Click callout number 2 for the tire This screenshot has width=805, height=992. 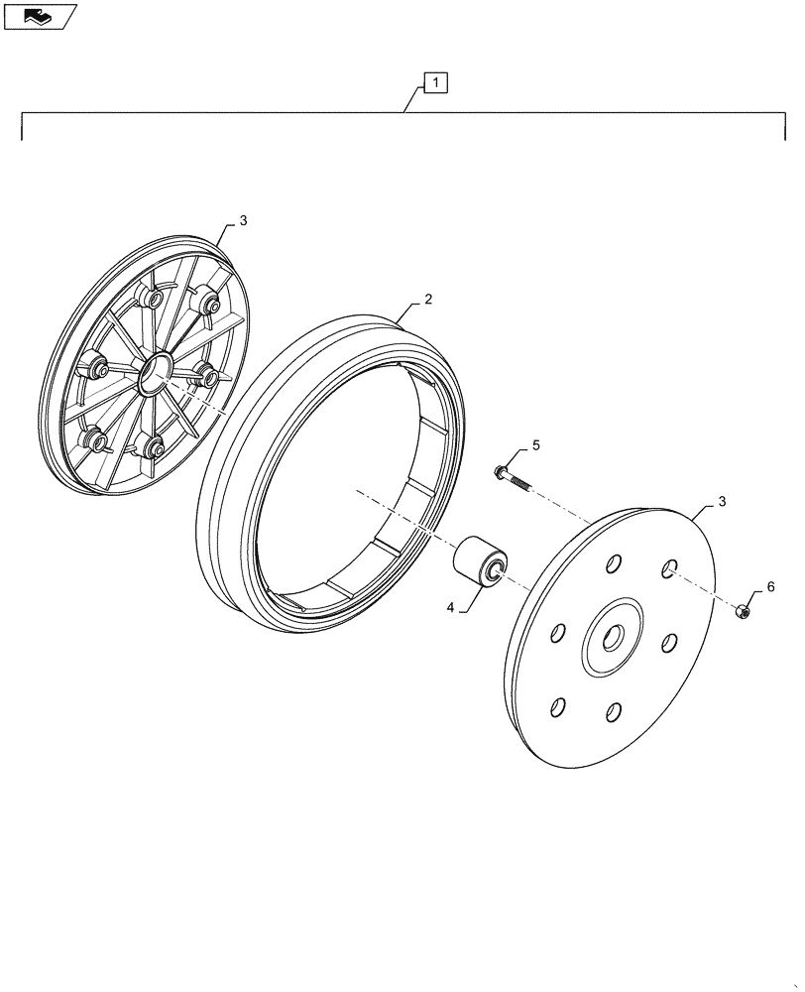427,299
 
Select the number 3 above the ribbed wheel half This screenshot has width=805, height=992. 244,219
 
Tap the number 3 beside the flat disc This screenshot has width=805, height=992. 722,503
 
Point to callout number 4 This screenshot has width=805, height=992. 449,607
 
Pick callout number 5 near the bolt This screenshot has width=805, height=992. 535,446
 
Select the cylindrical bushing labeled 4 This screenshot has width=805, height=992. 480,563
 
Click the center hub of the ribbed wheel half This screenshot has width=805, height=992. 153,373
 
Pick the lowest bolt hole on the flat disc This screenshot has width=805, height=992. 613,711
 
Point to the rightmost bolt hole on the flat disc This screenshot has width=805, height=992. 670,641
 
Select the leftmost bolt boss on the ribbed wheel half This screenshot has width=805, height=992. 97,369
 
